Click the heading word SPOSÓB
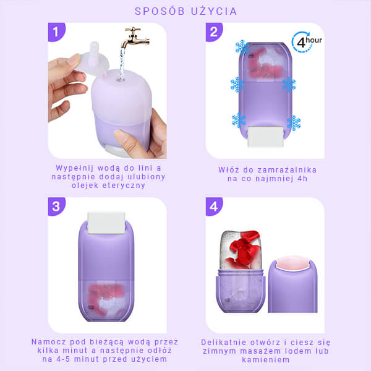160,11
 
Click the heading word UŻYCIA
214,11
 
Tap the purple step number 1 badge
56,32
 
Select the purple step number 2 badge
214,32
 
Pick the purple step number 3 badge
56,207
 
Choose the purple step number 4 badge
214,207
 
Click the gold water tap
136,37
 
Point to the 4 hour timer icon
307,42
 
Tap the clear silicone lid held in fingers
93,59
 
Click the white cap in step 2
265,137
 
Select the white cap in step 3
106,223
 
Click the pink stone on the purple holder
292,263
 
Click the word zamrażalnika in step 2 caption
287,170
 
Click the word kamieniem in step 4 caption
266,360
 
